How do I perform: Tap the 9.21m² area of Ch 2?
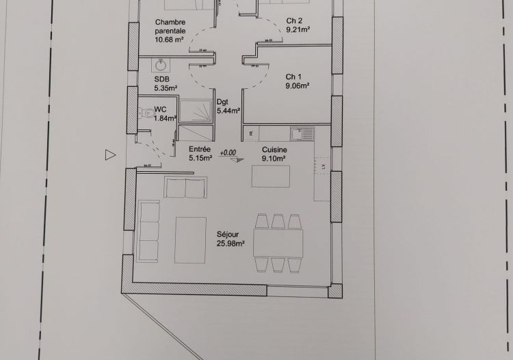298,30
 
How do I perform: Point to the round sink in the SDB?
161,65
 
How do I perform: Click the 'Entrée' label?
200,149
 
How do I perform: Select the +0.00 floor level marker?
228,153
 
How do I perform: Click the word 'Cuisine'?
274,150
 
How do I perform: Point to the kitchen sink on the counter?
300,133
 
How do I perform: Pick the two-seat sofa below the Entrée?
185,186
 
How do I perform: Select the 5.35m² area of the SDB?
166,88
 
